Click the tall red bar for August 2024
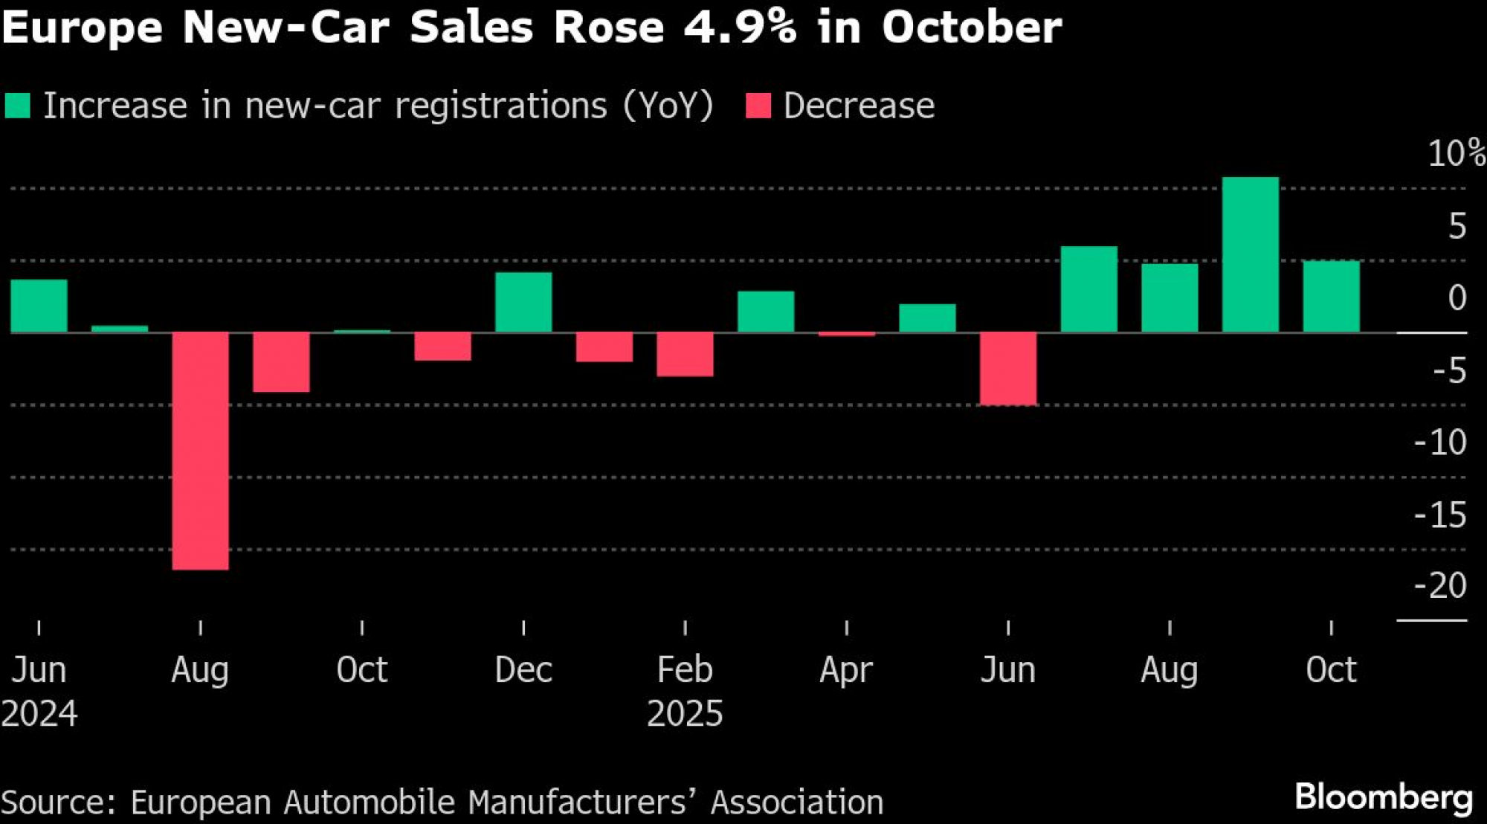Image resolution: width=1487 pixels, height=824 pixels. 200,451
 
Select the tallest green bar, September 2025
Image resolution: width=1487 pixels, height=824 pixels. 1251,254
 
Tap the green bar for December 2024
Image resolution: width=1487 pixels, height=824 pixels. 523,302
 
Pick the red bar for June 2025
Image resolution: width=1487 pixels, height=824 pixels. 1007,369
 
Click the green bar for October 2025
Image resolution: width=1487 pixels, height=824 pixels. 1331,296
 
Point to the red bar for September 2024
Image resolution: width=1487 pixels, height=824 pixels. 281,362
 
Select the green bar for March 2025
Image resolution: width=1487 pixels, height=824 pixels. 766,312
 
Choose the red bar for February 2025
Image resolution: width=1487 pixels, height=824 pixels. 685,354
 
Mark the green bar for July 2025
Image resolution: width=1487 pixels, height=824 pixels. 1088,289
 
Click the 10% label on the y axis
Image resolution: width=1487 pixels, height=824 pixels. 1456,153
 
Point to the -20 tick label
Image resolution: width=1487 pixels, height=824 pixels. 1440,586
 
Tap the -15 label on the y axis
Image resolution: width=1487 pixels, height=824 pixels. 1440,515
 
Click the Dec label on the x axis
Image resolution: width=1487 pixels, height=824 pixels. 523,670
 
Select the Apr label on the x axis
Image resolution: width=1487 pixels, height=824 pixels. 846,670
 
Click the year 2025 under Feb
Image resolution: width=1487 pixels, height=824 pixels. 685,714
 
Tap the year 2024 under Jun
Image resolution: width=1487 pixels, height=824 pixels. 39,714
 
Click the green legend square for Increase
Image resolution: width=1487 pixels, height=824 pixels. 17,106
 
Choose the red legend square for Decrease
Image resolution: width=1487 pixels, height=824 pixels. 758,106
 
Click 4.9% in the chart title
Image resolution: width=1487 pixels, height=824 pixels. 740,28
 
